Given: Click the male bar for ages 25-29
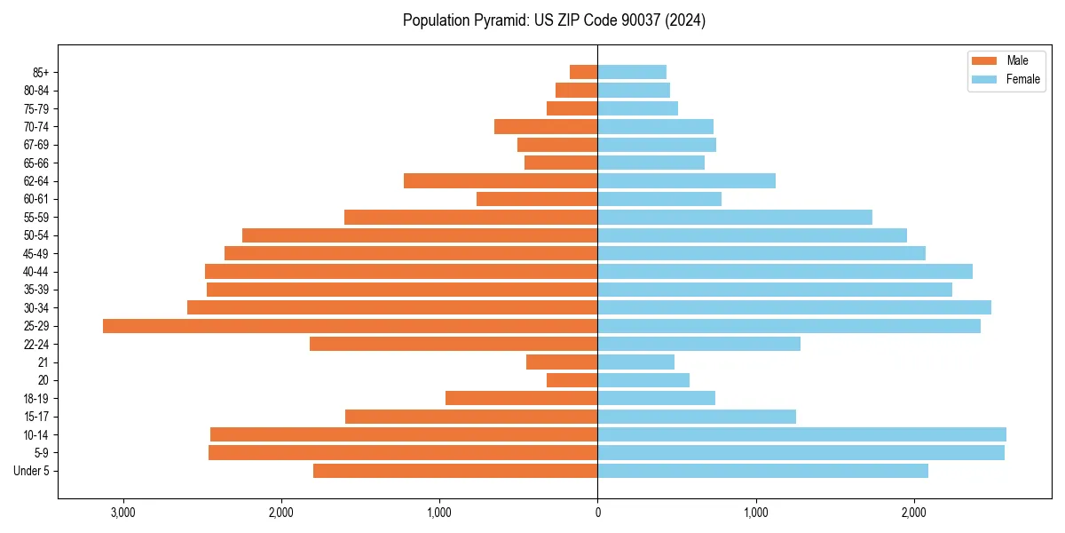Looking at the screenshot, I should [350, 326].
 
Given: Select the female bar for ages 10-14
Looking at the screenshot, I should [801, 434].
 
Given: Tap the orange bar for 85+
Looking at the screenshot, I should [583, 72].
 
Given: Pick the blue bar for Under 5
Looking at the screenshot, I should [762, 471].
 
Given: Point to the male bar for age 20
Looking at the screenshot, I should [572, 380].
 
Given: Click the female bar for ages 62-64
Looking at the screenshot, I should [686, 181].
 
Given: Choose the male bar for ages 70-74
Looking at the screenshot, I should [546, 127].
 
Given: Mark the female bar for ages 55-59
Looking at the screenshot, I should [735, 218].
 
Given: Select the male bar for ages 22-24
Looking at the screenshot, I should [454, 344].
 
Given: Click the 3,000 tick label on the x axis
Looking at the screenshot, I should [122, 513].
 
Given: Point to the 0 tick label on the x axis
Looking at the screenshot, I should [597, 513].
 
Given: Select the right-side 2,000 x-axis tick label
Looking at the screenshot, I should [914, 513].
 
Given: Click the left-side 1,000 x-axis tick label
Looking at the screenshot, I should [439, 513].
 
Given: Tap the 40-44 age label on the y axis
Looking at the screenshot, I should [35, 272].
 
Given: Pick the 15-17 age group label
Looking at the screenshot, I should [35, 417].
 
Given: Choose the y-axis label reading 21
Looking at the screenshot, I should [43, 362].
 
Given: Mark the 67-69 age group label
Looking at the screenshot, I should [35, 145].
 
